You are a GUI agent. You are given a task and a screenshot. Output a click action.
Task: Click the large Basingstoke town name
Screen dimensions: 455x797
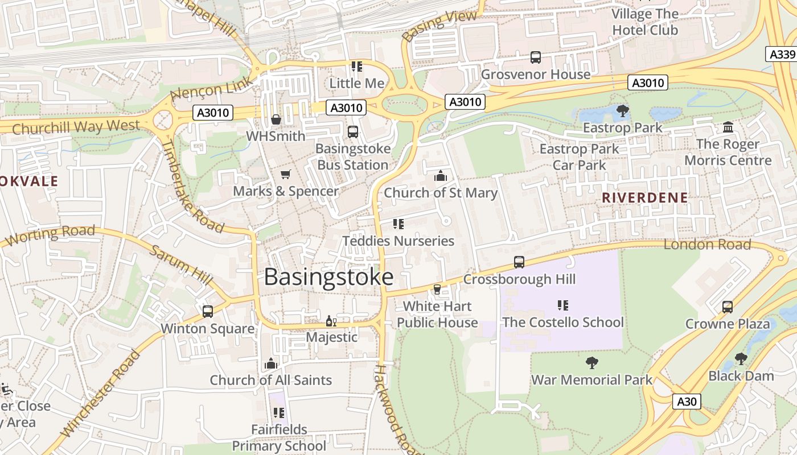point(328,277)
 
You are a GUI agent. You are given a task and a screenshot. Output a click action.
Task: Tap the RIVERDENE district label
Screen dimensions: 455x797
point(644,198)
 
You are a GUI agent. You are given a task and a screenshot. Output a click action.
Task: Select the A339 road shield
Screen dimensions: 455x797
point(781,54)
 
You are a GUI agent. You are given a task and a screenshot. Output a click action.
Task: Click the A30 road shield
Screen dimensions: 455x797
point(686,402)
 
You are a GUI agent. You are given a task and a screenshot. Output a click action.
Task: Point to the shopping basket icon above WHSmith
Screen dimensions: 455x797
point(276,119)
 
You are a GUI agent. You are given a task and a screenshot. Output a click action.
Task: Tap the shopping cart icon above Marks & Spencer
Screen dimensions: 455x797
point(286,174)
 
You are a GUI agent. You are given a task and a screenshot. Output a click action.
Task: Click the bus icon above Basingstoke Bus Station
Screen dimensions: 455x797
point(353,132)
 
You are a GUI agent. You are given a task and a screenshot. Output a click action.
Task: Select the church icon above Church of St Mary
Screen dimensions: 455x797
point(441,176)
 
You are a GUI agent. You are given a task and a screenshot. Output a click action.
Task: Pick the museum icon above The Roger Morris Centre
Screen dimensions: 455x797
point(728,127)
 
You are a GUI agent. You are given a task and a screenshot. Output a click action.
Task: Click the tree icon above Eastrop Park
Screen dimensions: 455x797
point(623,111)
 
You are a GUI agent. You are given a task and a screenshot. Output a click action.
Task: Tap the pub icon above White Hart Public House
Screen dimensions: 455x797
point(437,289)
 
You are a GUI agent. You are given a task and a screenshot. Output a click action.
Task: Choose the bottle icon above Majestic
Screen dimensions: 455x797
point(331,321)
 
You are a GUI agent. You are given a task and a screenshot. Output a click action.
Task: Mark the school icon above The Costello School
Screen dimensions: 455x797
point(563,305)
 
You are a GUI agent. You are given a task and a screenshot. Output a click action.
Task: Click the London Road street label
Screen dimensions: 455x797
point(707,245)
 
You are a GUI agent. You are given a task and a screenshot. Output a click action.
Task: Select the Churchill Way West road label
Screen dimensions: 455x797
point(76,127)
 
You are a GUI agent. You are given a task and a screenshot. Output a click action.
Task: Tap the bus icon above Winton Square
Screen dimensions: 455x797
point(208,312)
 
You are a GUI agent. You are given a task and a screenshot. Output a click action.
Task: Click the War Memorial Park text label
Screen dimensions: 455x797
point(591,379)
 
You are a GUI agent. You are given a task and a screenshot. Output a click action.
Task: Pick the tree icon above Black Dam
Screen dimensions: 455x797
point(741,359)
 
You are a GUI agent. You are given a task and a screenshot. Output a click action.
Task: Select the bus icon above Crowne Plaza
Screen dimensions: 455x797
point(728,307)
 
